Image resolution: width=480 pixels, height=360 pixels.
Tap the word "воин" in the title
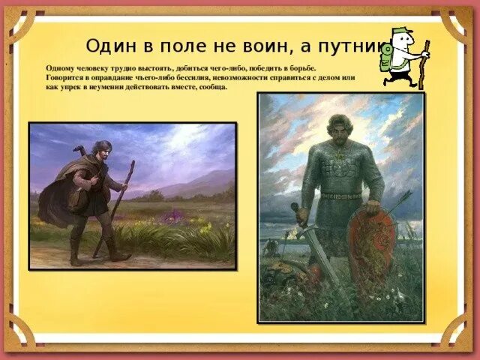click(x=259, y=46)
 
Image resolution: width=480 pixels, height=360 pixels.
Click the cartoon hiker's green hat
click(x=399, y=34)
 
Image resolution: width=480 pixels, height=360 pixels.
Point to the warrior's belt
click(x=341, y=196)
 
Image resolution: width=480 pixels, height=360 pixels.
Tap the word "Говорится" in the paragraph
click(x=66, y=78)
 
